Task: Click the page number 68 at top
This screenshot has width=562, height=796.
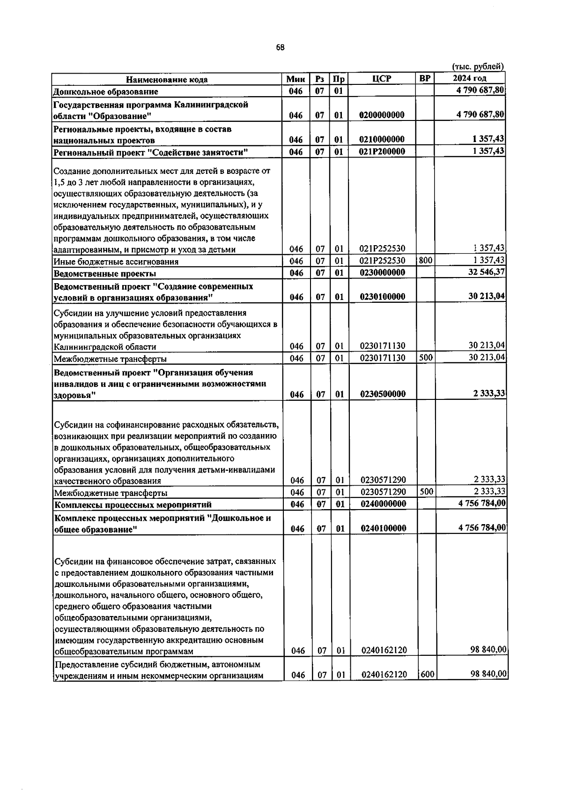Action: tap(280, 47)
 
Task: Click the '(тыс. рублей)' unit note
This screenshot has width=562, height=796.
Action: tap(478, 67)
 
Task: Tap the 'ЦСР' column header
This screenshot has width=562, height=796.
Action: tap(382, 79)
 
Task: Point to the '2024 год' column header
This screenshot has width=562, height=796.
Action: tap(470, 78)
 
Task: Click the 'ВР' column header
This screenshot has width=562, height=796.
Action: tap(425, 78)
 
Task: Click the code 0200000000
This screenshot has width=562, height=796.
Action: tap(382, 115)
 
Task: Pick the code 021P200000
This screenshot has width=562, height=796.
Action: tap(382, 151)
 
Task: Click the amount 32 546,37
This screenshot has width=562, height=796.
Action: tap(486, 272)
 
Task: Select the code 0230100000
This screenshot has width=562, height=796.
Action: tap(382, 297)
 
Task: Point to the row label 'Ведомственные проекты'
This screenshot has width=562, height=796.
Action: tap(105, 273)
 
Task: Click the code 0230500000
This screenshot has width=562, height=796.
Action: tap(382, 394)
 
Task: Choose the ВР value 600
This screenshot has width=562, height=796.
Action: tap(426, 675)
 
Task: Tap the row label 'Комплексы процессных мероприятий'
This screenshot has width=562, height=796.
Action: tap(133, 505)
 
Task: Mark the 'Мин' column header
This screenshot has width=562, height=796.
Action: tap(296, 79)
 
